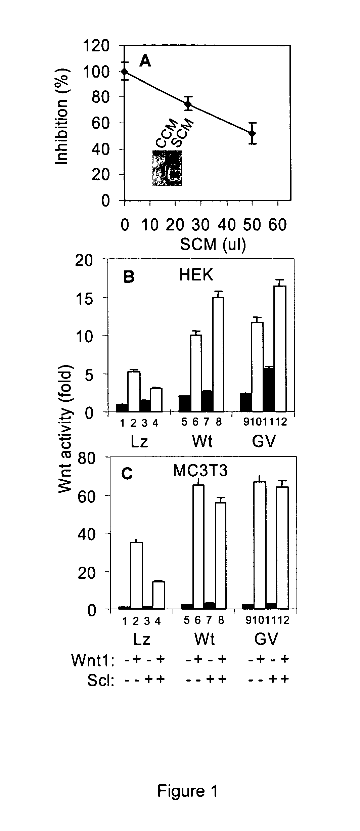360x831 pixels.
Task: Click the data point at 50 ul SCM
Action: pos(252,133)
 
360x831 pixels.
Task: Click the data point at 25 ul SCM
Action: pos(188,104)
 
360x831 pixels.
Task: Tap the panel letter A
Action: pos(145,61)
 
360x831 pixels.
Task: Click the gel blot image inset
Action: pos(167,168)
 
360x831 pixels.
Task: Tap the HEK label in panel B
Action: pos(196,275)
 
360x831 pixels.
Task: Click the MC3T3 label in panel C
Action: pos(200,471)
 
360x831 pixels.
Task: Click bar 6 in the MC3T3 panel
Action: pos(197,546)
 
